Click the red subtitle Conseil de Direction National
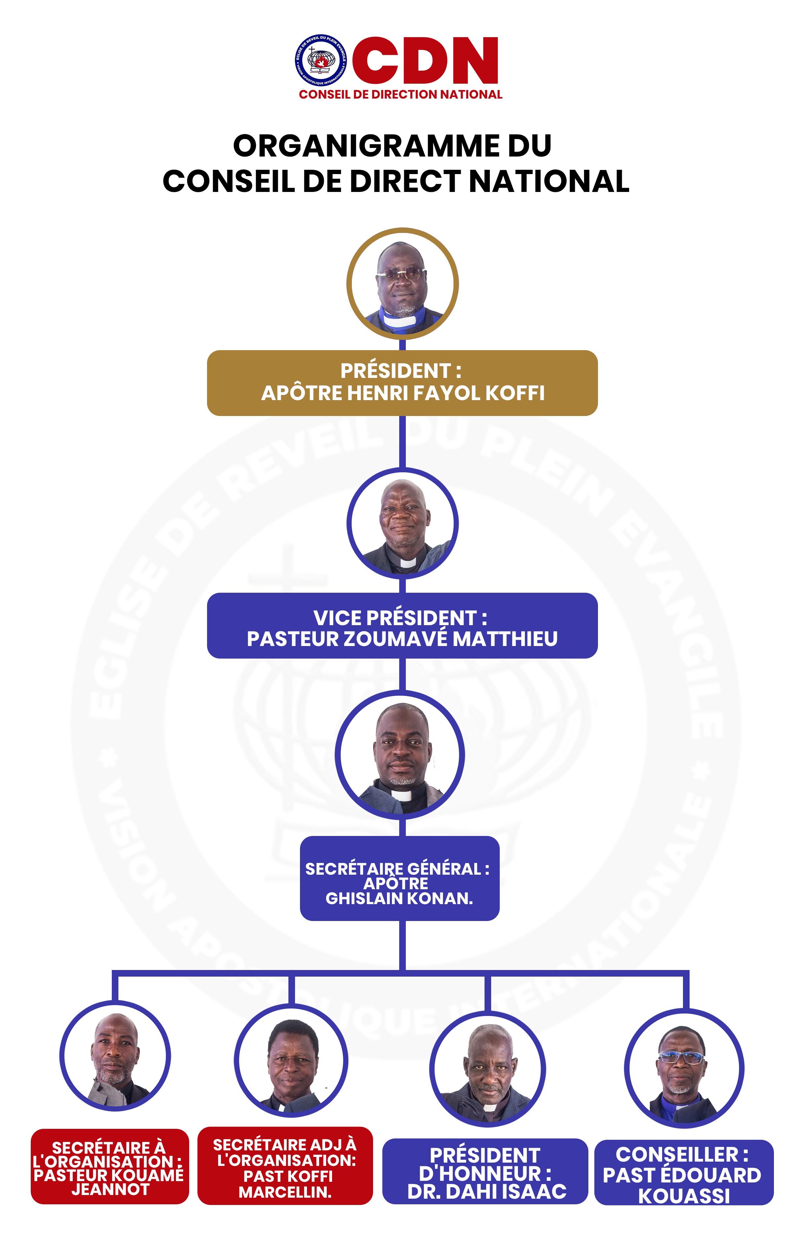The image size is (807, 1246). [401, 94]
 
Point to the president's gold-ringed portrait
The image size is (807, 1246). [403, 284]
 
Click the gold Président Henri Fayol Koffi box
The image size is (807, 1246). [403, 383]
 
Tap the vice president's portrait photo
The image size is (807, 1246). [403, 523]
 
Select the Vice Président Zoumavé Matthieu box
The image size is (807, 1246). [403, 625]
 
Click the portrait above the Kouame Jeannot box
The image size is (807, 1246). [115, 1056]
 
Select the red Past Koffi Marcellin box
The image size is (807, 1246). [285, 1167]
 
